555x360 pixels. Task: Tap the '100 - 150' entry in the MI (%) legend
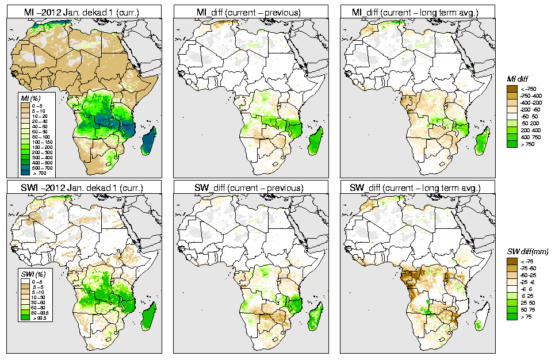pyautogui.click(x=40, y=141)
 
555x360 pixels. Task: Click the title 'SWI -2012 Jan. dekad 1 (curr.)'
pyautogui.click(x=85, y=187)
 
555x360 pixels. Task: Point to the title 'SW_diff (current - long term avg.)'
pyautogui.click(x=418, y=187)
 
